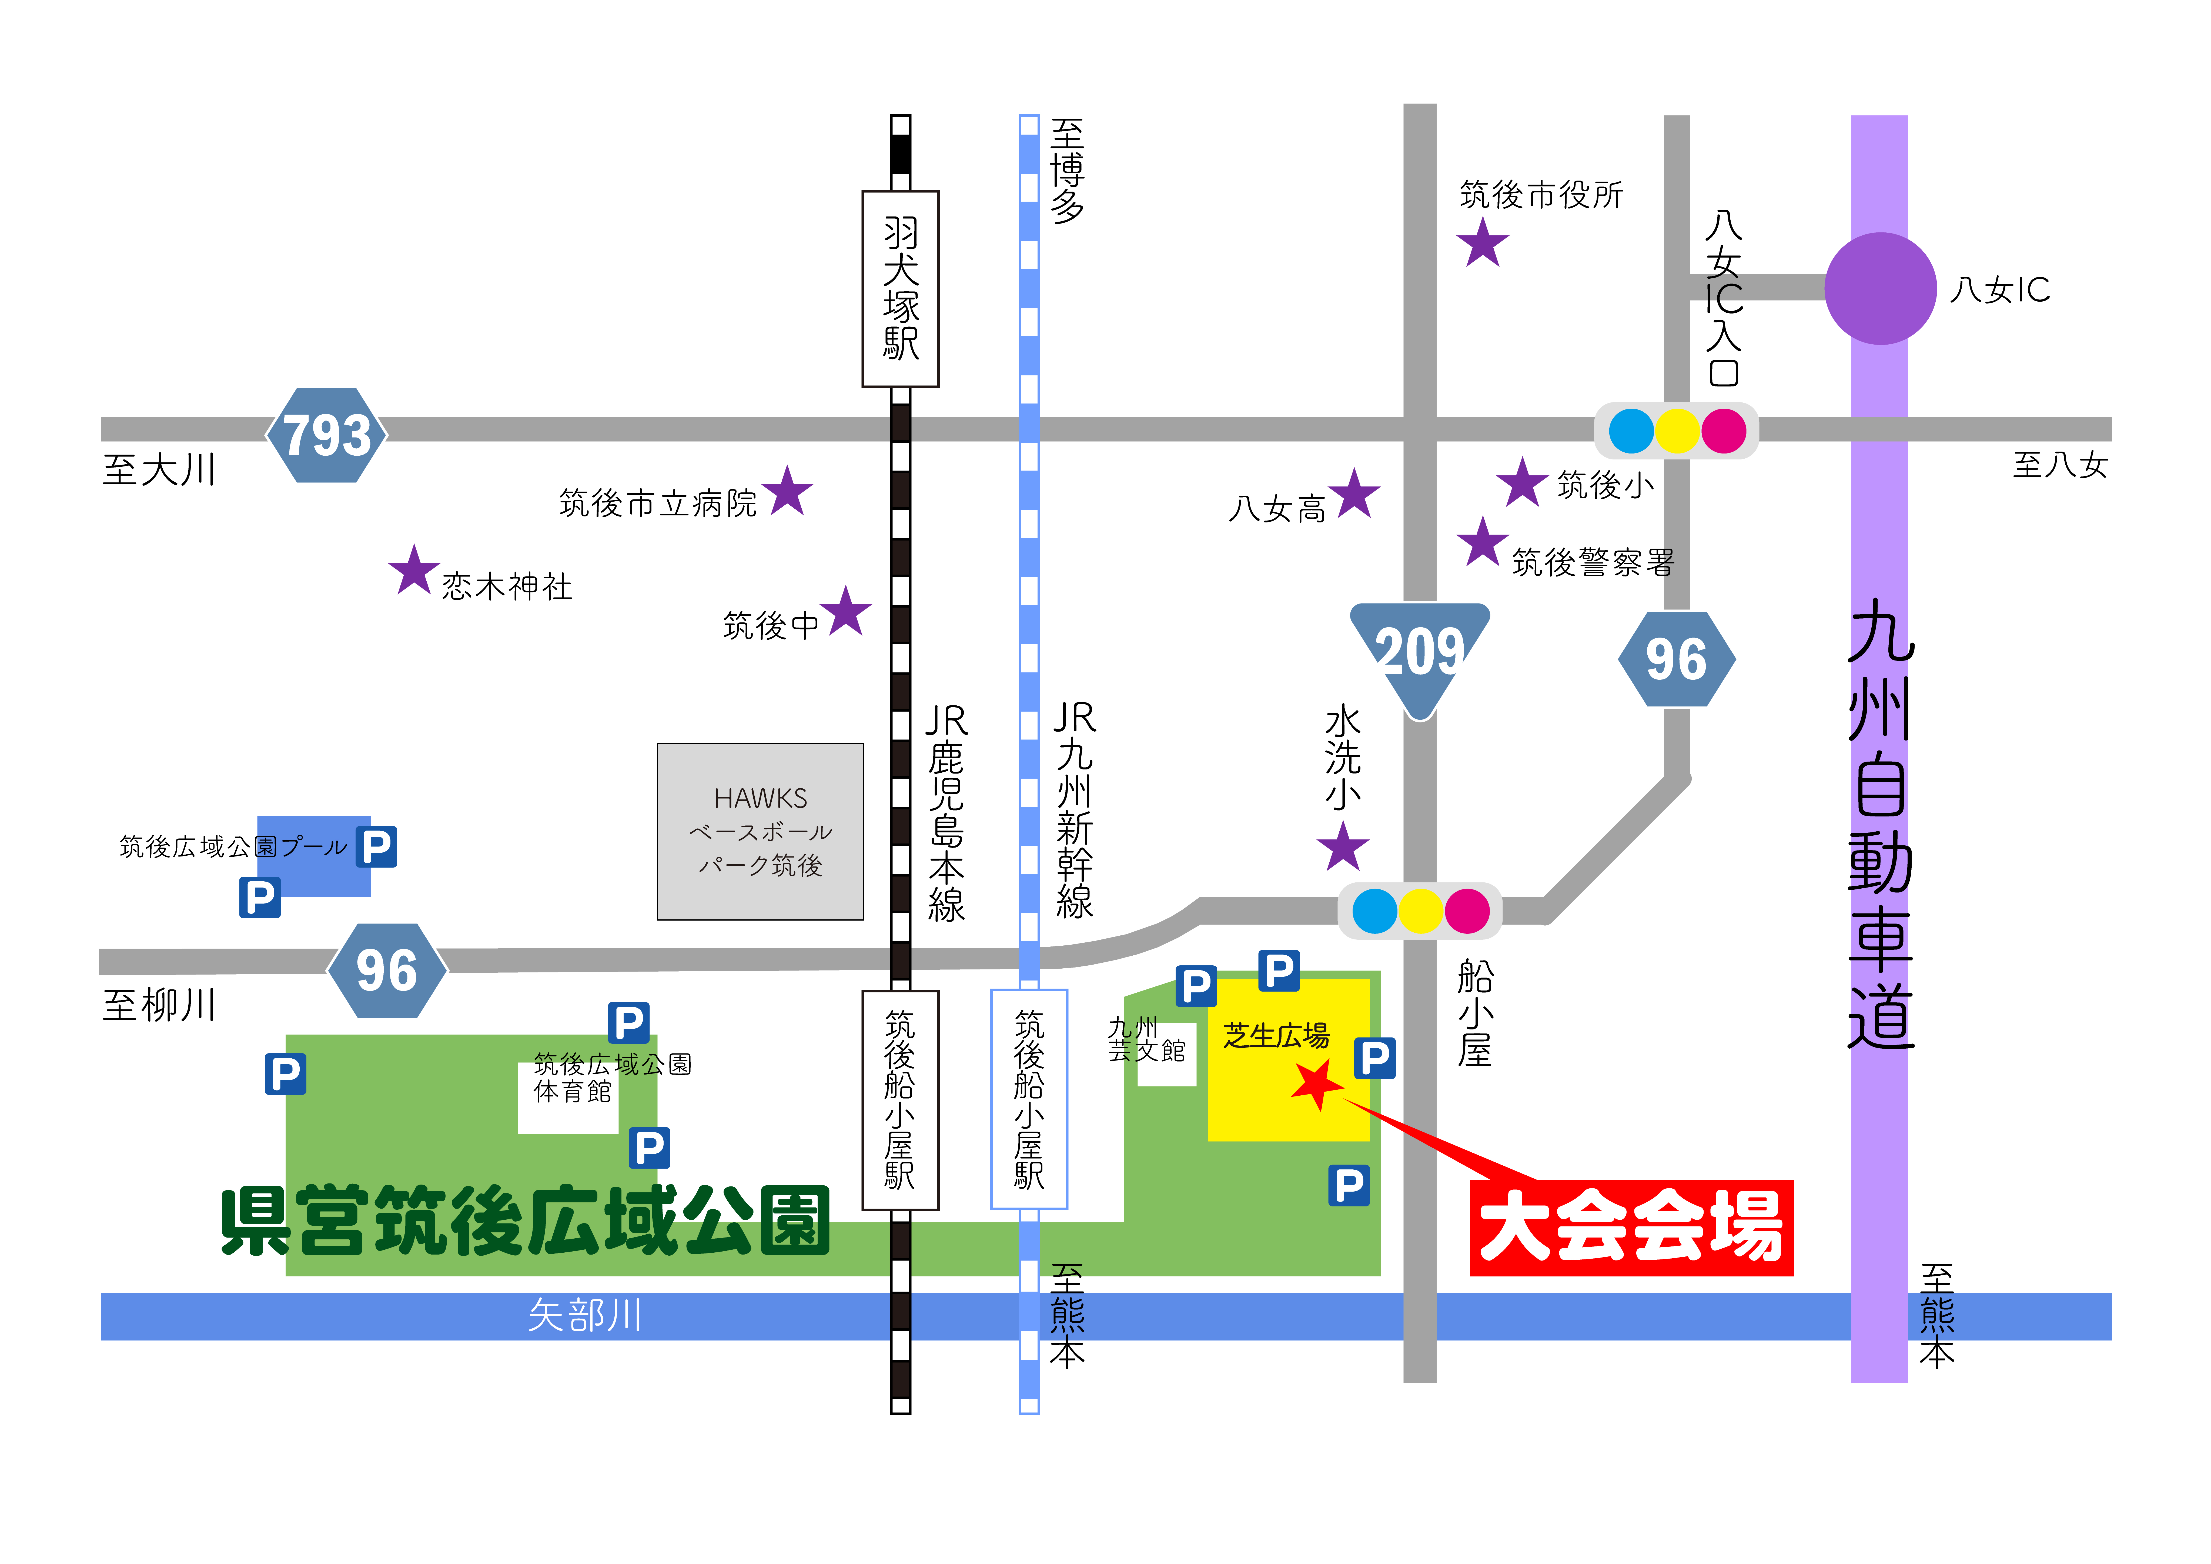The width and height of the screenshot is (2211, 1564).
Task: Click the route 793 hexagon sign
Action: [326, 435]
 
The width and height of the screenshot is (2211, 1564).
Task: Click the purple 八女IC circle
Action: [1880, 288]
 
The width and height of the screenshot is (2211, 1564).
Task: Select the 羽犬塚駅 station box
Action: [900, 289]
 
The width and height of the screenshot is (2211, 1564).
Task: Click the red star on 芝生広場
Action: [1316, 1084]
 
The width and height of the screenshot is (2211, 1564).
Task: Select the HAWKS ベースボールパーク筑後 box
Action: [761, 831]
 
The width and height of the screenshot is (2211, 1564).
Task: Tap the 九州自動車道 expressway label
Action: [1881, 823]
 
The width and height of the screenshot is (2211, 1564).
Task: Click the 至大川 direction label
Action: [159, 470]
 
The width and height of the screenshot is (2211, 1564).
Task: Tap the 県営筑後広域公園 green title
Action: [525, 1220]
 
